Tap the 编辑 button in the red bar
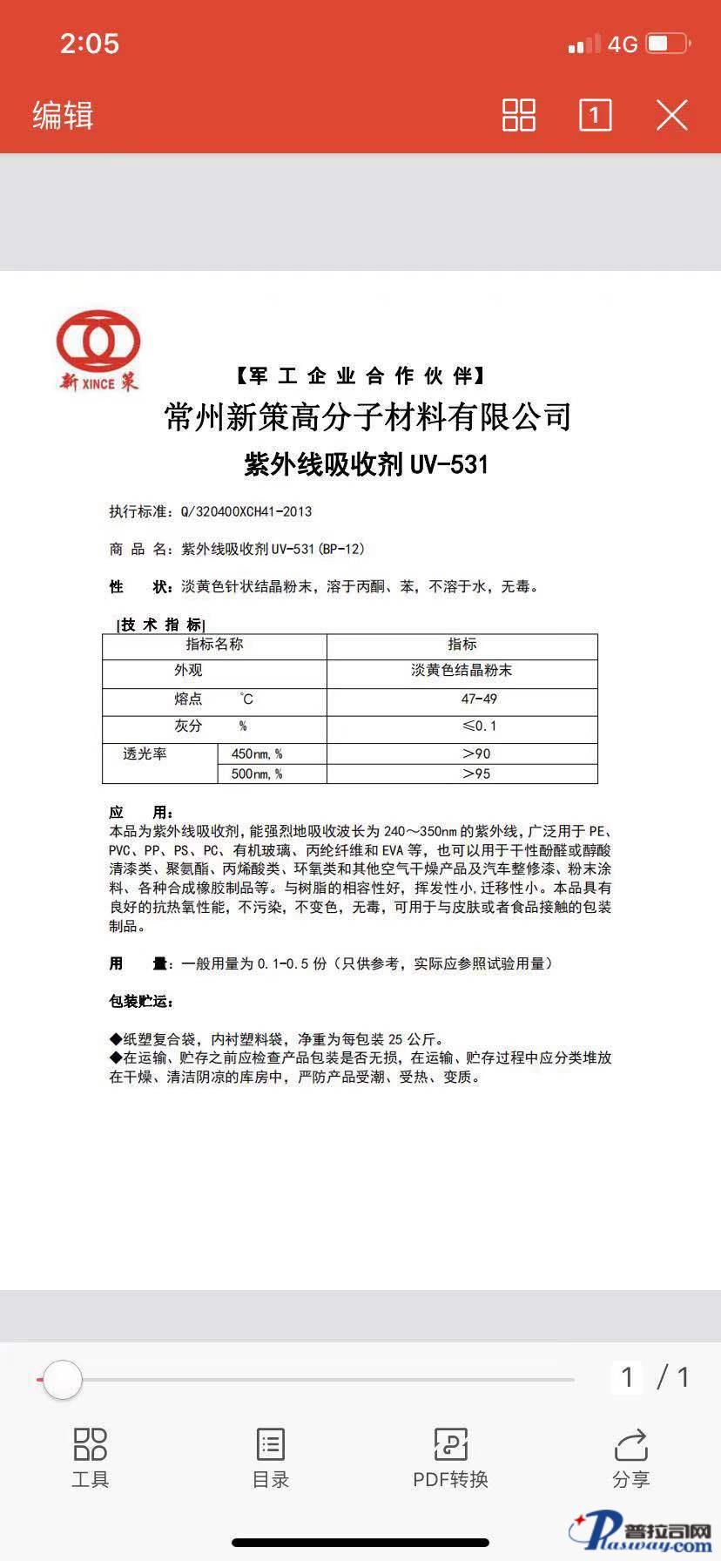[x=63, y=115]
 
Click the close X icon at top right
[x=671, y=115]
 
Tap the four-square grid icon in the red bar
[x=518, y=115]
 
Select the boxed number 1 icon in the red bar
[x=596, y=115]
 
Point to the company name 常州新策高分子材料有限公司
[x=367, y=416]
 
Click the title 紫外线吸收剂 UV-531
[x=366, y=464]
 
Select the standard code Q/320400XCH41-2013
[x=246, y=511]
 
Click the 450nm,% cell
[x=257, y=753]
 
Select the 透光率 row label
[x=145, y=753]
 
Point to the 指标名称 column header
[x=214, y=645]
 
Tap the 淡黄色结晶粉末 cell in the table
[x=462, y=671]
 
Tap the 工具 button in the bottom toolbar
[x=91, y=1456]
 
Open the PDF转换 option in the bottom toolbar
[x=450, y=1456]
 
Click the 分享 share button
[x=630, y=1456]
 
